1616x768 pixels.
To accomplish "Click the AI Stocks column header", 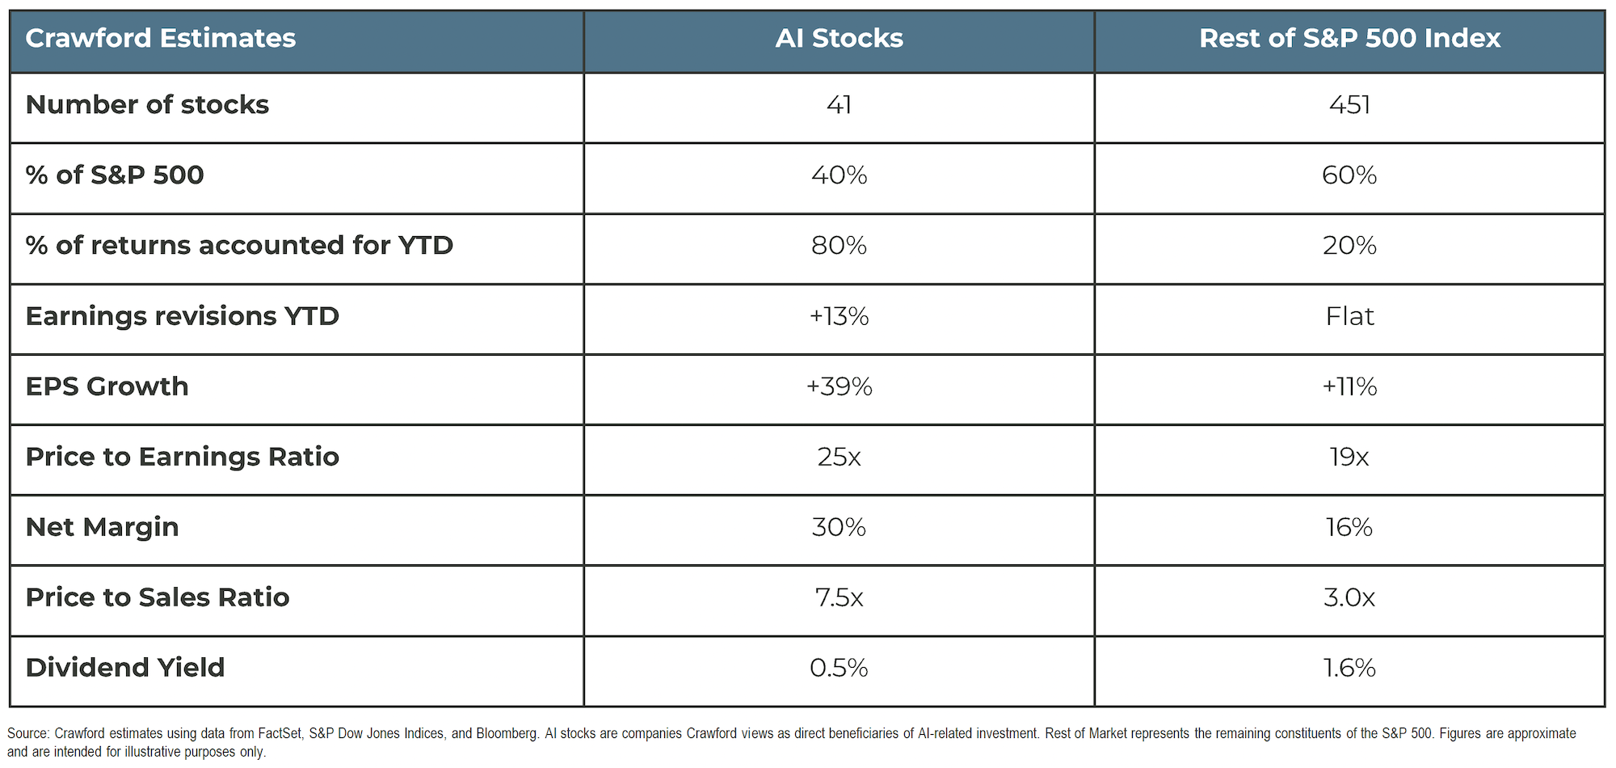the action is coord(839,38).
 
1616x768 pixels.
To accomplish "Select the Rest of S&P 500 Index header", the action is coord(1349,38).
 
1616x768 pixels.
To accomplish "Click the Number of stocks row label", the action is coord(147,105).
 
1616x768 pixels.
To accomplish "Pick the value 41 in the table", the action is coord(839,105).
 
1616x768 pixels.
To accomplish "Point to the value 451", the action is coord(1349,105).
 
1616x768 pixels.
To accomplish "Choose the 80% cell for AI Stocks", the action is coord(839,246).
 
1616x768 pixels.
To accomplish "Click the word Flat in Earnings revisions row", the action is coord(1349,316).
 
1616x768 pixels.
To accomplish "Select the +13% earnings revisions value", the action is coord(839,316).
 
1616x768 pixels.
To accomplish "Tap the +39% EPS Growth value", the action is coord(839,386).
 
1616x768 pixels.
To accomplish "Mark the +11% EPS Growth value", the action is coord(1349,386).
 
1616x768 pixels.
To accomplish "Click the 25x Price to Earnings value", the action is coord(839,457).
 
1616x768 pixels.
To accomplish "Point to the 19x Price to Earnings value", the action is coord(1349,457).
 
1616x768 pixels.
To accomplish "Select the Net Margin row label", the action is coord(102,527).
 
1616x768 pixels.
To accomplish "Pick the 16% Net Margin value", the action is coord(1349,527).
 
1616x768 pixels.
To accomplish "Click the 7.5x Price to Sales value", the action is coord(839,597).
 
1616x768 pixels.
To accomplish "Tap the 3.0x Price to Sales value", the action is coord(1349,597).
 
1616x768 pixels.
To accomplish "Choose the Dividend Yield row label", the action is coord(125,668).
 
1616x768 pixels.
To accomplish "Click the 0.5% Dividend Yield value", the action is coord(839,668).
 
